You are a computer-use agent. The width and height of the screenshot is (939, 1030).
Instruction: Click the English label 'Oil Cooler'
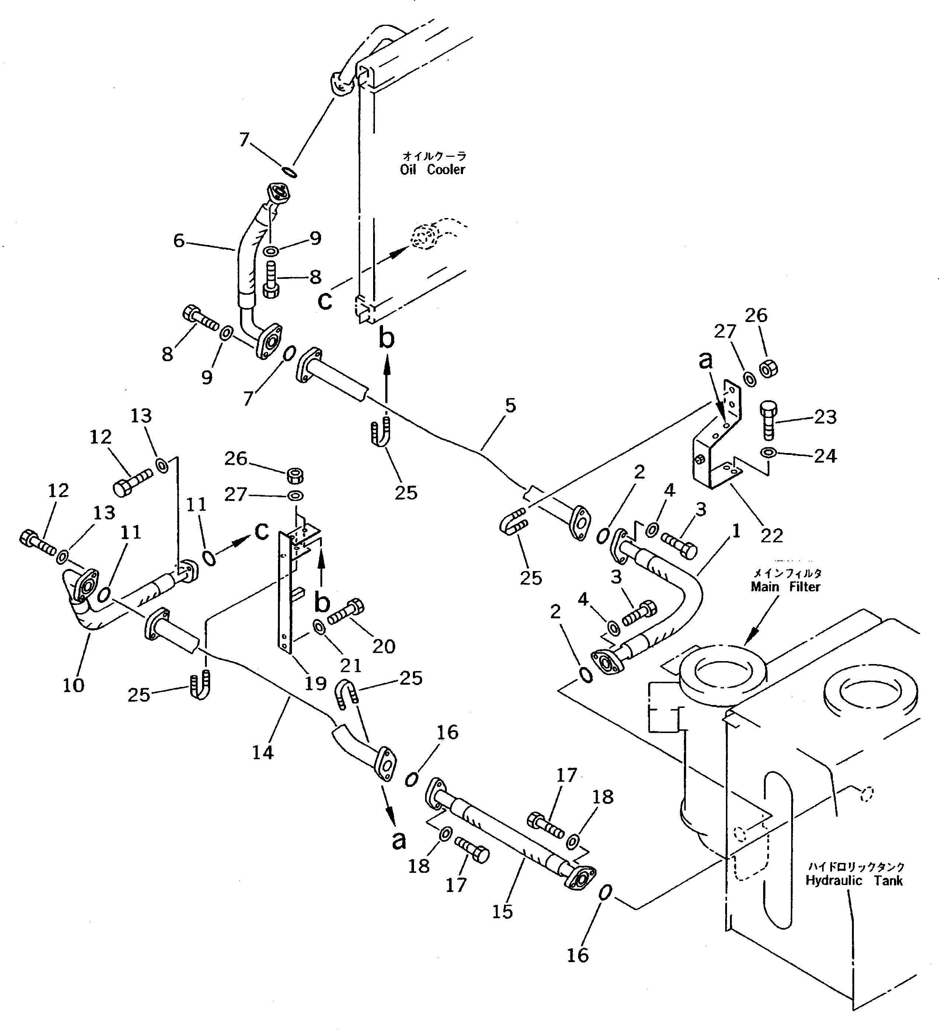tap(432, 170)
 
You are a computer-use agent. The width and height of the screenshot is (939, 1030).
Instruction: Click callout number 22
tap(772, 535)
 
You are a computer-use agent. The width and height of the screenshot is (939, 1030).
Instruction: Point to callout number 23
tap(825, 417)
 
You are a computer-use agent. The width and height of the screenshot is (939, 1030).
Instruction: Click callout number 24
tap(825, 456)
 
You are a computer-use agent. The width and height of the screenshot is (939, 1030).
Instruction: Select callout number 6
tap(179, 240)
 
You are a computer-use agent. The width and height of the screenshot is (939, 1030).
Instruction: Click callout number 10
tap(73, 685)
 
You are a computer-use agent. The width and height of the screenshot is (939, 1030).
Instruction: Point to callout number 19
tap(315, 683)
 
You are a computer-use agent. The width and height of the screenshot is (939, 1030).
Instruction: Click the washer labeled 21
tap(317, 626)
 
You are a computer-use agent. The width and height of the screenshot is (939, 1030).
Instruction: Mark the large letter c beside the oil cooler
tap(325, 301)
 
